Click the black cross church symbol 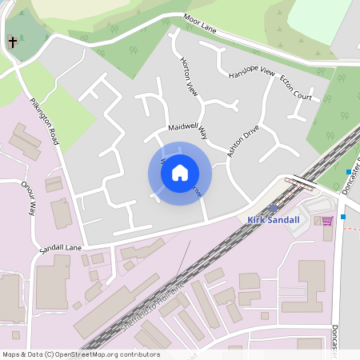(12, 42)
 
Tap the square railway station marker (273, 208)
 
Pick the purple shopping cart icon (327, 221)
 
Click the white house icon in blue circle (180, 172)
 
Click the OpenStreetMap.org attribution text (104, 354)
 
